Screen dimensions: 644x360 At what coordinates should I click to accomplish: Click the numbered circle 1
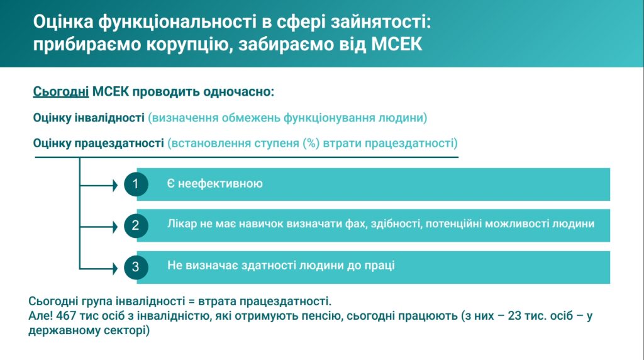click(x=136, y=184)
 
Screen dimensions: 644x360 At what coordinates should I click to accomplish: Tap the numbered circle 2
click(x=136, y=225)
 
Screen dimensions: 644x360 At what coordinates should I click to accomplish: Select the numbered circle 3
click(x=136, y=267)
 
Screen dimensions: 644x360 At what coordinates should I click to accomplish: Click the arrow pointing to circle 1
click(x=99, y=186)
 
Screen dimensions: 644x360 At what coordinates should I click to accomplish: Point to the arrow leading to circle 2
click(x=99, y=227)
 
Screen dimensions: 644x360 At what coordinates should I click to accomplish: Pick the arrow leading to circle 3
click(x=99, y=269)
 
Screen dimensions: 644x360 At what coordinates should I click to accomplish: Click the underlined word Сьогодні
click(x=61, y=92)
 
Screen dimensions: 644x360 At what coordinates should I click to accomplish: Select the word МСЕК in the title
click(x=397, y=45)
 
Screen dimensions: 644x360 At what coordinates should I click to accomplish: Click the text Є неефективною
click(x=215, y=183)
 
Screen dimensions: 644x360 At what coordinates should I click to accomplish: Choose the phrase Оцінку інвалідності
click(x=89, y=118)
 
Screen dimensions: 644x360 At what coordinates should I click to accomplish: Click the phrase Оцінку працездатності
click(x=99, y=143)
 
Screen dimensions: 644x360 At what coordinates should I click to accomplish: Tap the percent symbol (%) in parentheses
click(x=311, y=143)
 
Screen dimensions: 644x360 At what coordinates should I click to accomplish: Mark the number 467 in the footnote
click(x=66, y=315)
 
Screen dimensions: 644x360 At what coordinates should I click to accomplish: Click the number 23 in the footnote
click(x=514, y=315)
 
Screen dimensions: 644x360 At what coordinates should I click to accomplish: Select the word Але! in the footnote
click(x=40, y=315)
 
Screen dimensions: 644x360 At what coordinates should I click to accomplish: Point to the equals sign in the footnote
click(x=191, y=301)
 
